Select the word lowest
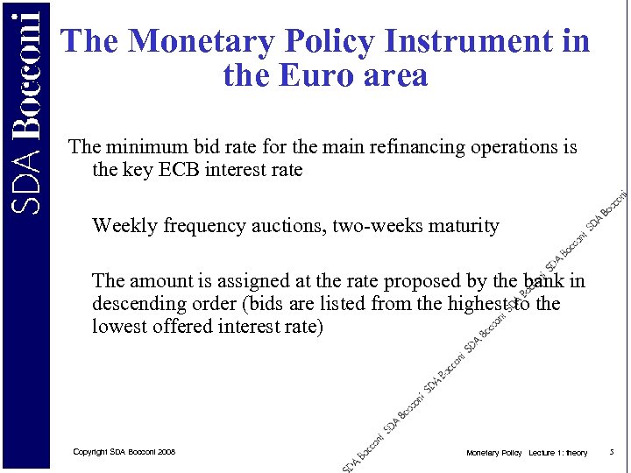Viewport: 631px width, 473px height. pos(118,327)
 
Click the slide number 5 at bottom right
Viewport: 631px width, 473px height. pos(611,453)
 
